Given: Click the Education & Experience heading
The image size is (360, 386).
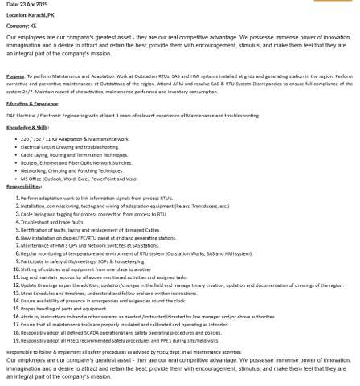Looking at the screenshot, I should [32, 104].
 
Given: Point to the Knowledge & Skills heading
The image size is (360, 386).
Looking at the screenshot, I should [27, 127].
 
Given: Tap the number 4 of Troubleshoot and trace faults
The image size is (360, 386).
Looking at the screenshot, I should [18, 221].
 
